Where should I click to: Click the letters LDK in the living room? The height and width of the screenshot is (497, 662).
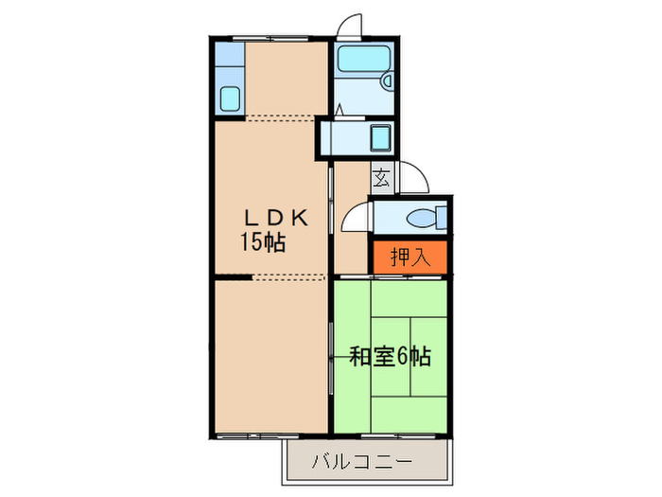click(x=271, y=217)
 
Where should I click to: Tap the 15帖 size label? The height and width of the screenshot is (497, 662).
click(x=262, y=242)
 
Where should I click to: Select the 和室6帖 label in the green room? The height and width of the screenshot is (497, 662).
click(x=391, y=358)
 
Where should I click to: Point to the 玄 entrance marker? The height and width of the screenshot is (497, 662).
click(x=380, y=178)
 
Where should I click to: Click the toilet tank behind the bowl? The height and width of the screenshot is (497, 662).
click(x=442, y=219)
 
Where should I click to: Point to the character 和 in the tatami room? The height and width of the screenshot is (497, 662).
click(x=359, y=358)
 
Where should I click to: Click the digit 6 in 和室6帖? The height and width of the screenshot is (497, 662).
click(x=403, y=358)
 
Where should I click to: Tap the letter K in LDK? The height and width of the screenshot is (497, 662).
click(x=299, y=217)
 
